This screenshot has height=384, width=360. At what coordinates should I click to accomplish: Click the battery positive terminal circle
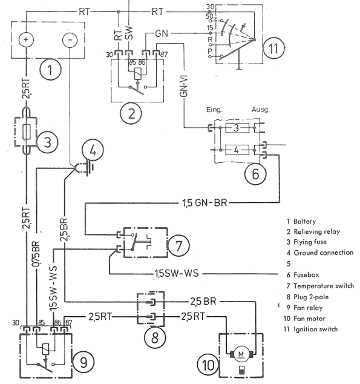[x=26, y=40]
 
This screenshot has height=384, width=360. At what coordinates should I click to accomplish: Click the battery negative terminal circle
[x=70, y=40]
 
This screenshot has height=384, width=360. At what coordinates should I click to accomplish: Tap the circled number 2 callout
[x=131, y=114]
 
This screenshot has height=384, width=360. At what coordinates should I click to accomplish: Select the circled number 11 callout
[x=273, y=48]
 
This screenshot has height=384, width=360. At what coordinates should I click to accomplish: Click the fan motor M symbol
[x=241, y=354]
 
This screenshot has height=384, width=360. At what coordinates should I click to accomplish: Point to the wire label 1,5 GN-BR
[x=205, y=203]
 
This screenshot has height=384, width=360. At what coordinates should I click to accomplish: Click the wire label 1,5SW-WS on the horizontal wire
[x=177, y=273]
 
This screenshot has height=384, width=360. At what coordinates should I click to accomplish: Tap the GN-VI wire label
[x=184, y=86]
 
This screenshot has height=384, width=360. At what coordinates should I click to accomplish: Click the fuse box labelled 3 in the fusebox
[x=237, y=128]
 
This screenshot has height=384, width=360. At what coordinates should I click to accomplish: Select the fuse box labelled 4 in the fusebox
[x=237, y=150]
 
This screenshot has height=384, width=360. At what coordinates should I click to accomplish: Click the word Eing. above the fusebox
[x=214, y=110]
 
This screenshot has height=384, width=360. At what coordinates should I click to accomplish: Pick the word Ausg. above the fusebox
[x=261, y=109]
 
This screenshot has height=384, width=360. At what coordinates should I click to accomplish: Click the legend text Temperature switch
[x=324, y=286]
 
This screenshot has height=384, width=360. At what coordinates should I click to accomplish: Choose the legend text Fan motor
[x=309, y=319]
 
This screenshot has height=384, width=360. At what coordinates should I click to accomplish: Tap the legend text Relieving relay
[x=316, y=232]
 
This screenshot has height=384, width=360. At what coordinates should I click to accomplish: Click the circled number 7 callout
[x=178, y=246]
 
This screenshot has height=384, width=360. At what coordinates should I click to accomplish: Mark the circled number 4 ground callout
[x=93, y=150]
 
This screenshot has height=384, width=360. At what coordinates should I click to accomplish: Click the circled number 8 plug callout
[x=155, y=337]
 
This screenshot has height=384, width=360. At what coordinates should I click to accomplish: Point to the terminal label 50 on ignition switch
[x=209, y=16]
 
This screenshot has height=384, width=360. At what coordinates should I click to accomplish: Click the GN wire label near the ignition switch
[x=162, y=33]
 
